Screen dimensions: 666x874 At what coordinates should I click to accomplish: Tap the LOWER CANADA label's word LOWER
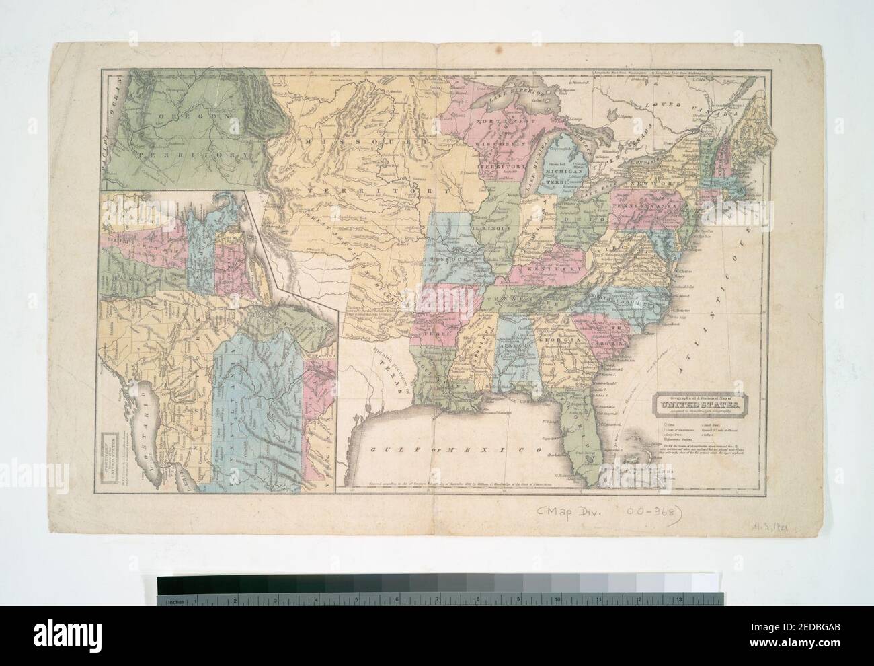click(x=663, y=106)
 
